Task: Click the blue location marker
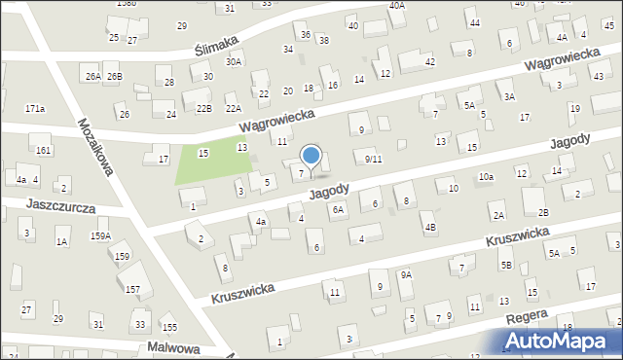click(x=311, y=155)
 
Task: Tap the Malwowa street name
click(x=174, y=347)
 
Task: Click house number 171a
click(x=35, y=108)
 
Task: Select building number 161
click(x=43, y=151)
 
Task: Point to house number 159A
click(x=100, y=235)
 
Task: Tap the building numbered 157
click(x=132, y=289)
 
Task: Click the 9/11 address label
click(x=373, y=159)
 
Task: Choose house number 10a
click(x=486, y=176)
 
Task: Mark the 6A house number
click(x=338, y=209)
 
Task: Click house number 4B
click(x=429, y=227)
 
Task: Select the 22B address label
click(x=203, y=109)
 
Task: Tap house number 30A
click(x=234, y=61)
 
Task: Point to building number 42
click(x=429, y=61)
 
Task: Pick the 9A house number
click(x=406, y=275)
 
